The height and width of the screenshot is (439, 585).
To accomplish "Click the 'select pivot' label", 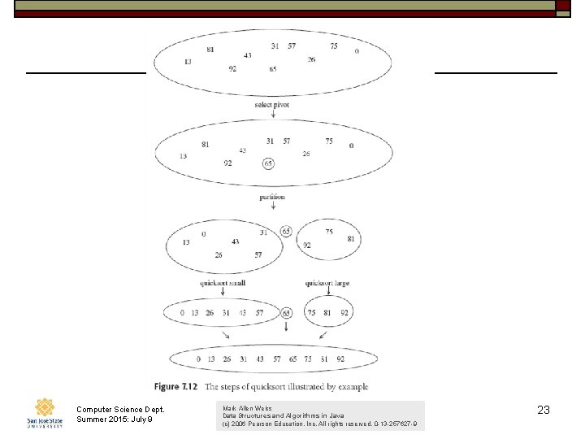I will (271, 105).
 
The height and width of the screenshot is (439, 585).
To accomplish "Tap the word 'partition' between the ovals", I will (272, 197).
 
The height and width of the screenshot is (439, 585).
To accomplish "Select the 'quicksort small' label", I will (223, 283).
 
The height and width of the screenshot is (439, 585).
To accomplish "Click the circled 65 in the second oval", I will (268, 163).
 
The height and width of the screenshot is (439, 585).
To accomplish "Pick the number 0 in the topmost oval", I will (357, 51).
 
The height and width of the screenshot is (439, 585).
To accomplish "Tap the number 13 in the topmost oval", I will (188, 62).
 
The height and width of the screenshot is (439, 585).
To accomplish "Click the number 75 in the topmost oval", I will (334, 46).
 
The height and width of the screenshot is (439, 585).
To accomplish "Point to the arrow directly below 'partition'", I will (272, 207).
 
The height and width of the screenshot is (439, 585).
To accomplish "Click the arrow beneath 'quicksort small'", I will (223, 293).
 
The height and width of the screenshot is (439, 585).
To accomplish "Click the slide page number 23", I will (544, 411).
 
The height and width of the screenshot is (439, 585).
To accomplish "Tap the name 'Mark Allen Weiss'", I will (247, 408).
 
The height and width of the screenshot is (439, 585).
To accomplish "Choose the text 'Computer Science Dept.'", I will (119, 409).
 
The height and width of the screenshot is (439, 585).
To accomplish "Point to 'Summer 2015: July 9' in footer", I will (114, 419).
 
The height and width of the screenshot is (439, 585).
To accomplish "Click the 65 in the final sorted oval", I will (294, 359).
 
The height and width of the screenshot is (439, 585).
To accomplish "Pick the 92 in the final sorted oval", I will (340, 359).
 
